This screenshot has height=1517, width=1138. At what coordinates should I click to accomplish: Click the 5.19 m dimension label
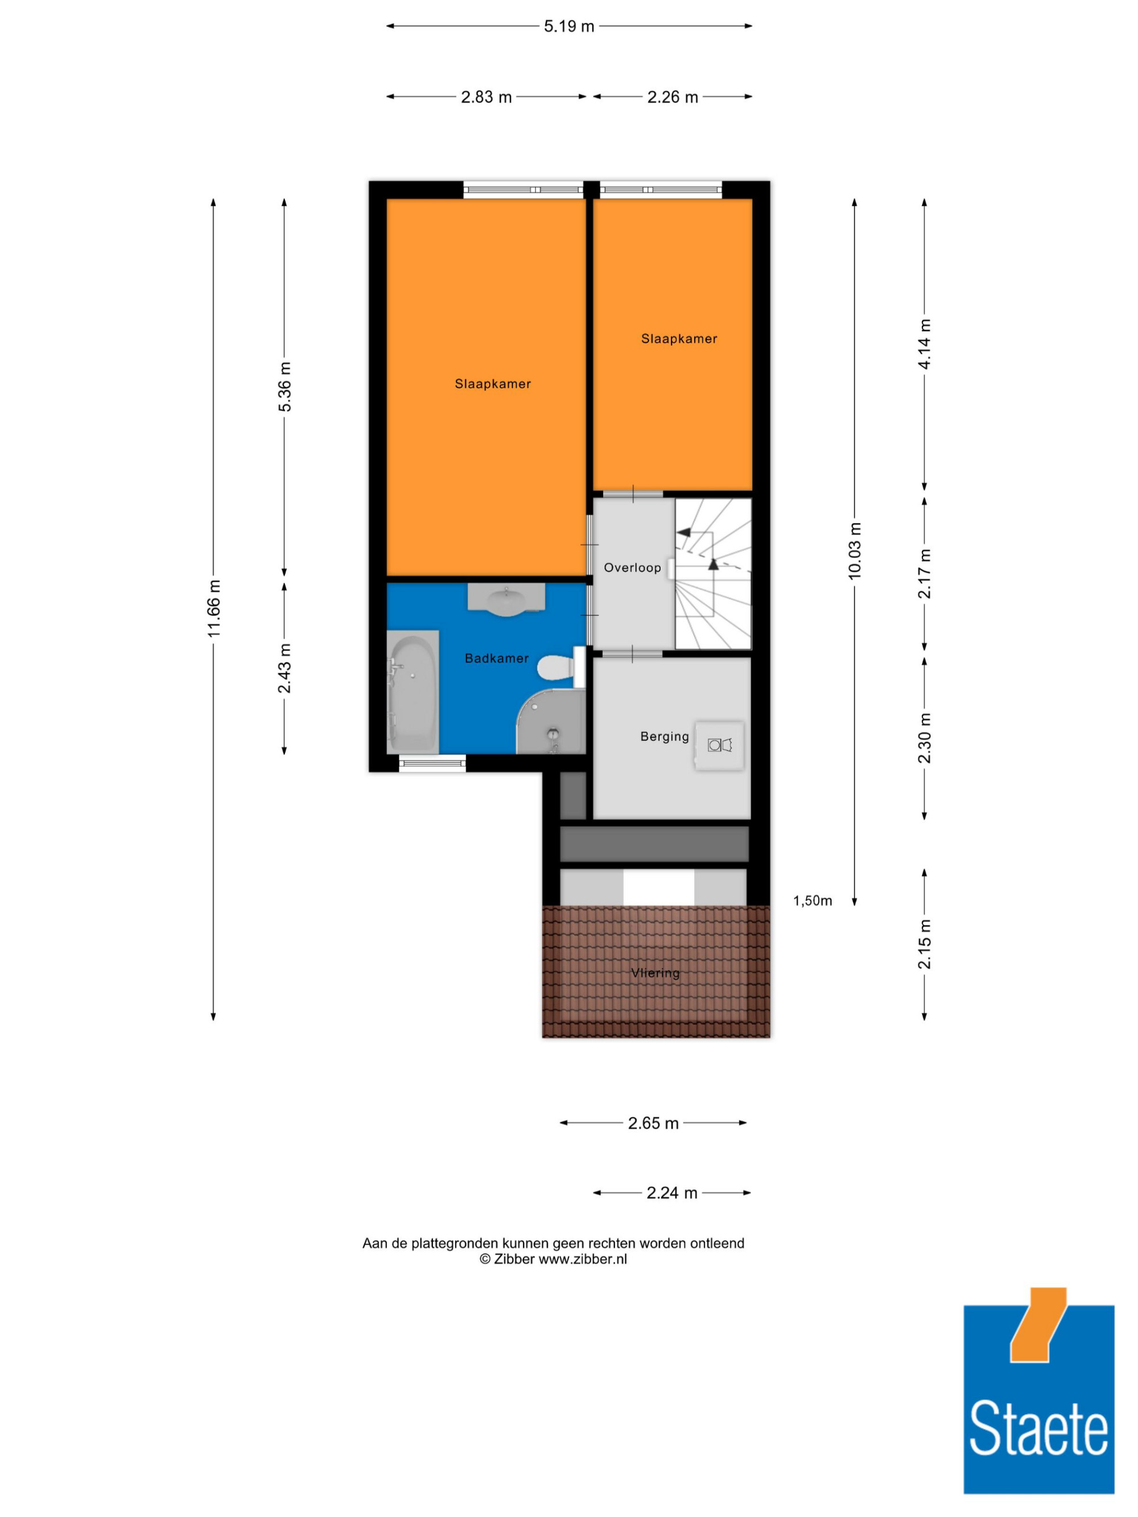coord(568,27)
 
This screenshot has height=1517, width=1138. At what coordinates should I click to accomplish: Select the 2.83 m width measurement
coord(486,97)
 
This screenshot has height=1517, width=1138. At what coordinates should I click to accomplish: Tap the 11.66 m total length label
coord(214,608)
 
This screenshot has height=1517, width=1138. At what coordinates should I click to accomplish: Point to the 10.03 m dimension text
coord(855,551)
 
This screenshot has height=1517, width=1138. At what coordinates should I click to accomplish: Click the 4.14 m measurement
coord(925,344)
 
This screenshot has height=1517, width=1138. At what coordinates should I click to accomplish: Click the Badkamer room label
coord(497,658)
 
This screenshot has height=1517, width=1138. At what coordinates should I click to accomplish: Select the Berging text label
coord(664,737)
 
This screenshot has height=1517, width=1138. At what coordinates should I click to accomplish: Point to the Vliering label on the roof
coord(655,973)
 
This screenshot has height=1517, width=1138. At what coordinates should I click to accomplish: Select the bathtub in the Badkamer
coord(413,692)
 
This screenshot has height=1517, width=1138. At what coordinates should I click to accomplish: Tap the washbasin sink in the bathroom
coord(506,600)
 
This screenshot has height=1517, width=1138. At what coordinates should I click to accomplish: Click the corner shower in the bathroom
coord(551,721)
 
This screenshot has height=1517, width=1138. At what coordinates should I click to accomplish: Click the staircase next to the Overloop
coord(714,573)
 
